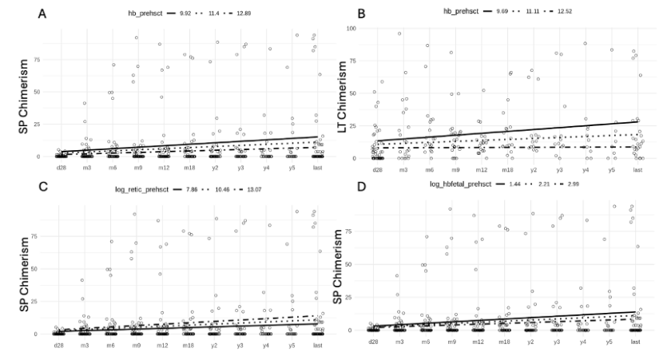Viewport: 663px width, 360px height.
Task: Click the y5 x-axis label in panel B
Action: (612, 170)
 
